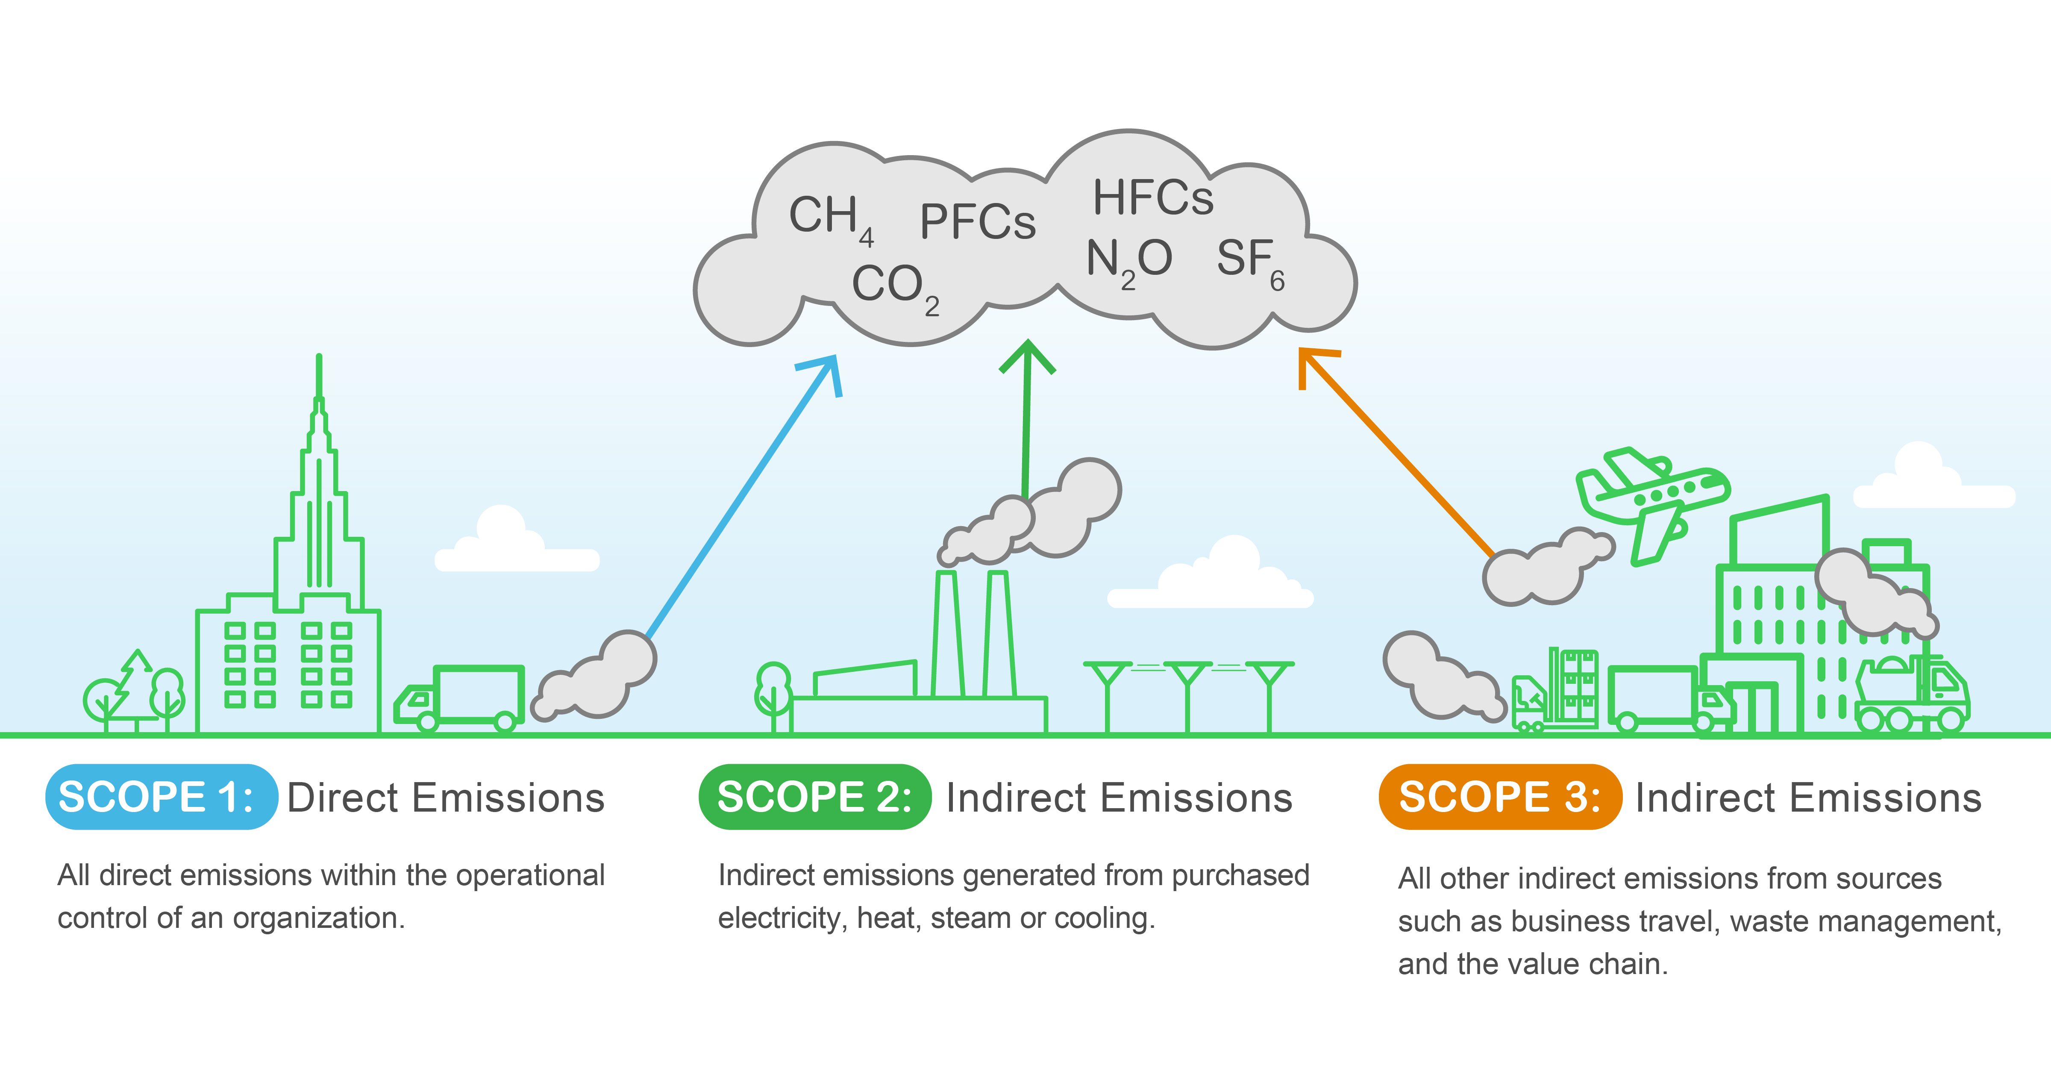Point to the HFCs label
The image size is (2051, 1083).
tap(1153, 197)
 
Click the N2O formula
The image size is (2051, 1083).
tap(1129, 260)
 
